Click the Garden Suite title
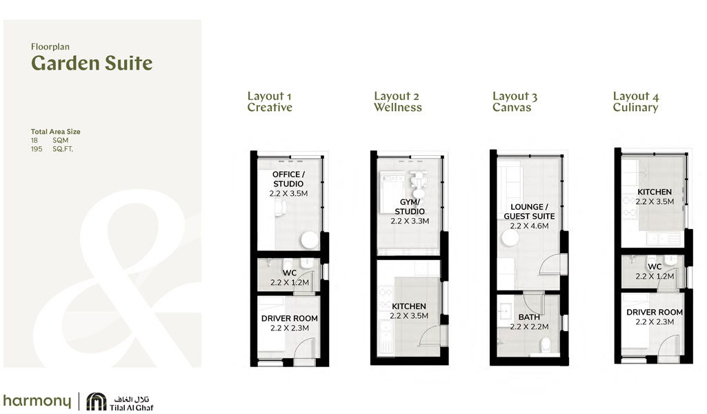(92, 64)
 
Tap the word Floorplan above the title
(50, 47)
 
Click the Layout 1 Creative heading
(270, 102)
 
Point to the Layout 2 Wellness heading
(398, 102)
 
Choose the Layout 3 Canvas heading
(515, 102)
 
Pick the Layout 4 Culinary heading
(635, 102)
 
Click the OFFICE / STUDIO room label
(288, 179)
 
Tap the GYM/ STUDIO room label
(409, 206)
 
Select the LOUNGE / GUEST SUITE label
(529, 211)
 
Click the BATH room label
(529, 317)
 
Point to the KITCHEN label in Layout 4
(655, 192)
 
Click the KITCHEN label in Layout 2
(409, 306)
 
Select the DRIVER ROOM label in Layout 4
(655, 313)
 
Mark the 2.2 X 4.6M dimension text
(529, 226)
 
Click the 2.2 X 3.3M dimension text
(410, 221)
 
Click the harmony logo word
(37, 401)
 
